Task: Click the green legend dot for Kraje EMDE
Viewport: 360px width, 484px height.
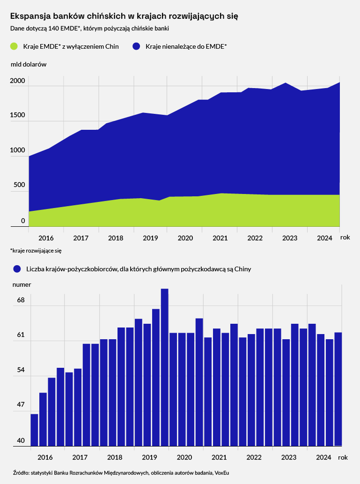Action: click(14, 46)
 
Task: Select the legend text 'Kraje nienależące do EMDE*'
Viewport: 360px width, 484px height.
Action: click(186, 46)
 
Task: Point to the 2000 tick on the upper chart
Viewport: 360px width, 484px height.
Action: click(17, 81)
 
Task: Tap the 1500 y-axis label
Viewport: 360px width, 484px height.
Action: click(17, 116)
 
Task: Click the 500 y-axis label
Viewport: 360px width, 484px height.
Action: click(19, 185)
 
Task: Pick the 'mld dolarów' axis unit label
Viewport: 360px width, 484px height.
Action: click(29, 64)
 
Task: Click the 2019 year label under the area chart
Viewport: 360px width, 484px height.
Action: click(151, 238)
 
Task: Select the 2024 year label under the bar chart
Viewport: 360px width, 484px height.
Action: click(324, 457)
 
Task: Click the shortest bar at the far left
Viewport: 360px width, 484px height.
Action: click(34, 430)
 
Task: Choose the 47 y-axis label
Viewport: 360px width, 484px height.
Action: click(21, 405)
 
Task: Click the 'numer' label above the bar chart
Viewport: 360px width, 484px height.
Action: click(22, 284)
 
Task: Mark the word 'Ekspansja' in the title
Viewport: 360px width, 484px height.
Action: click(29, 16)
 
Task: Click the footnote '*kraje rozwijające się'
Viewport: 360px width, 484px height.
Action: click(36, 251)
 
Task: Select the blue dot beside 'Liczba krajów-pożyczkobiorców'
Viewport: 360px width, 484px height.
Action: click(17, 269)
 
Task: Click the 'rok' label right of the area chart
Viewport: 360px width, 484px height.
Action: click(345, 238)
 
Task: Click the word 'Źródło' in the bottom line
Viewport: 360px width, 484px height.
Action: click(20, 472)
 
